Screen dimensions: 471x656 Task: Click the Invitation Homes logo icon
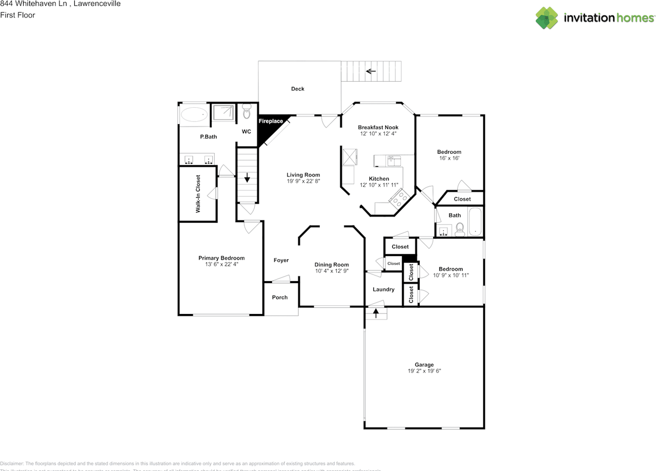pos(546,18)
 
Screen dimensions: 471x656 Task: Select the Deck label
pos(298,89)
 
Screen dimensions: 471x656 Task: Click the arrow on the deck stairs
pos(371,71)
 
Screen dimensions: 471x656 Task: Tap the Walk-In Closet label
pos(198,194)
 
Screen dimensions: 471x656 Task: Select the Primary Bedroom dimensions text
pos(221,265)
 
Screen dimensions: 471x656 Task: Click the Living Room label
pos(303,175)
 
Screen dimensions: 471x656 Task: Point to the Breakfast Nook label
pos(378,127)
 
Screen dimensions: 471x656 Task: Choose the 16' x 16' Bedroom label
pos(449,152)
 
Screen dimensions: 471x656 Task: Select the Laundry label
pos(383,289)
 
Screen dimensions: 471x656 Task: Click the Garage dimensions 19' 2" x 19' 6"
pos(424,371)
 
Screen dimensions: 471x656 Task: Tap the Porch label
pos(280,298)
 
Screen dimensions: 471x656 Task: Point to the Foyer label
pos(281,261)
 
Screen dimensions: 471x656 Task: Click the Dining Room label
pos(332,265)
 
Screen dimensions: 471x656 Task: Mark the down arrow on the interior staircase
pos(247,178)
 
